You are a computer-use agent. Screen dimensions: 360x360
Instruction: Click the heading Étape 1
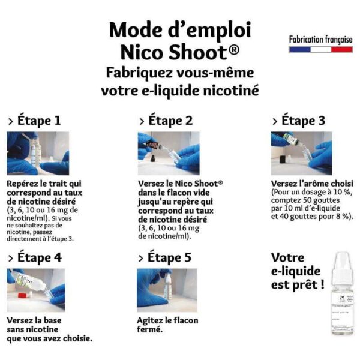pyautogui.click(x=34, y=121)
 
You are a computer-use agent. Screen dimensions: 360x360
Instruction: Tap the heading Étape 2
pyautogui.click(x=166, y=121)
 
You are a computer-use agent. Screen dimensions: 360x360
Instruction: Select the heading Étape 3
pyautogui.click(x=298, y=121)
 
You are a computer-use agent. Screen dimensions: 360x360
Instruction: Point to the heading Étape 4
pyautogui.click(x=35, y=257)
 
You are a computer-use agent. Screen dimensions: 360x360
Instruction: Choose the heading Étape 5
pyautogui.click(x=164, y=257)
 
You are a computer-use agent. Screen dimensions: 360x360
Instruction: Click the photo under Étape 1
pyautogui.click(x=38, y=153)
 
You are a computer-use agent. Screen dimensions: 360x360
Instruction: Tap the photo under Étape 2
pyautogui.click(x=169, y=153)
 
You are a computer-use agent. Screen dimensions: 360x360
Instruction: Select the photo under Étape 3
pyautogui.click(x=301, y=153)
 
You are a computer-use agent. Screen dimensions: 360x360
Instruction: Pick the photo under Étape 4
pyautogui.click(x=36, y=290)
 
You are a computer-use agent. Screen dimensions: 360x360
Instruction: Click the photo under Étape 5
pyautogui.click(x=167, y=290)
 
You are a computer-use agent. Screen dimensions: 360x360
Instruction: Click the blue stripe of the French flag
pyautogui.click(x=299, y=49)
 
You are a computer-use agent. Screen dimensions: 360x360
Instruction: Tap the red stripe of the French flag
pyautogui.click(x=341, y=49)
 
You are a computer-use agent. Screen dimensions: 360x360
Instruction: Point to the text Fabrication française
pyautogui.click(x=321, y=39)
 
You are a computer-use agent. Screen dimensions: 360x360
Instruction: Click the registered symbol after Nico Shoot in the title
pyautogui.click(x=234, y=50)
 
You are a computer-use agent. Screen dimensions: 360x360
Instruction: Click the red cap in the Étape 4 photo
pyautogui.click(x=22, y=295)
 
